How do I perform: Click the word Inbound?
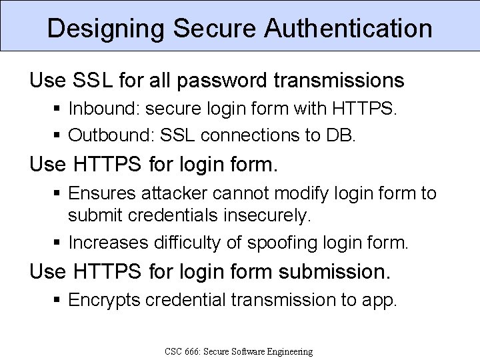tap(95, 109)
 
